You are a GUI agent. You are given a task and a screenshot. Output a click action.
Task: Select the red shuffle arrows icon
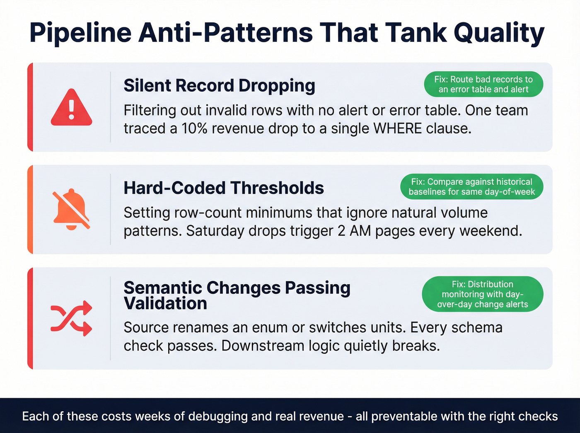[71, 319]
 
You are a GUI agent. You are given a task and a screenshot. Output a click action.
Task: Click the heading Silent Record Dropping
[219, 85]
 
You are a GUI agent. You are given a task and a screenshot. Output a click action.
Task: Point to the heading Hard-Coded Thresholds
[223, 188]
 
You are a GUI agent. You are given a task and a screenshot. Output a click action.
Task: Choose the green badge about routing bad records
[483, 85]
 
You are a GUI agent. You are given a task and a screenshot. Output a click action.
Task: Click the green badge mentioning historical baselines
[471, 187]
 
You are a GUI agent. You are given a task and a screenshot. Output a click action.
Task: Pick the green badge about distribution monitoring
[482, 294]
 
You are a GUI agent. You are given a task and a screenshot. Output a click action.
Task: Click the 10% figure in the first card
[194, 129]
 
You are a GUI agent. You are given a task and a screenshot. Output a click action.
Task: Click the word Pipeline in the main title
[80, 33]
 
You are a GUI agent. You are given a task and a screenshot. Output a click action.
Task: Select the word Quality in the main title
[499, 33]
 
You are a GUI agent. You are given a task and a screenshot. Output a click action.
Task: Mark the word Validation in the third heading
[165, 304]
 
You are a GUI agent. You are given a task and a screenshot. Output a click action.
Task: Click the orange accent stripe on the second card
[30, 210]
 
